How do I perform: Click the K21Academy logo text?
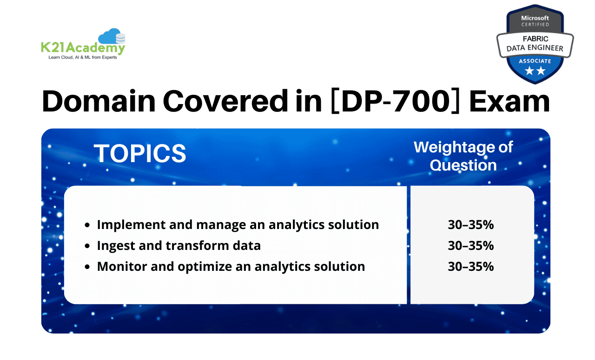click(x=82, y=48)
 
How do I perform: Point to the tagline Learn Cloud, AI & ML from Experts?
click(x=82, y=58)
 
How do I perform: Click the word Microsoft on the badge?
click(x=535, y=18)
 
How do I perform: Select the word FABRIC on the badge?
click(x=535, y=39)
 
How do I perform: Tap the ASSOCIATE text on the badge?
click(x=535, y=61)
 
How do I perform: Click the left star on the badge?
click(x=529, y=71)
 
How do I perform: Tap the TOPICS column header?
click(x=140, y=153)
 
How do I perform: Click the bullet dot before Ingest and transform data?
click(x=87, y=246)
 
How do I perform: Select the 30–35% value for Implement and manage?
click(x=470, y=225)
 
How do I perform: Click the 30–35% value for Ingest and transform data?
click(x=470, y=246)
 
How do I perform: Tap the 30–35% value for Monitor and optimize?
click(x=470, y=267)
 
